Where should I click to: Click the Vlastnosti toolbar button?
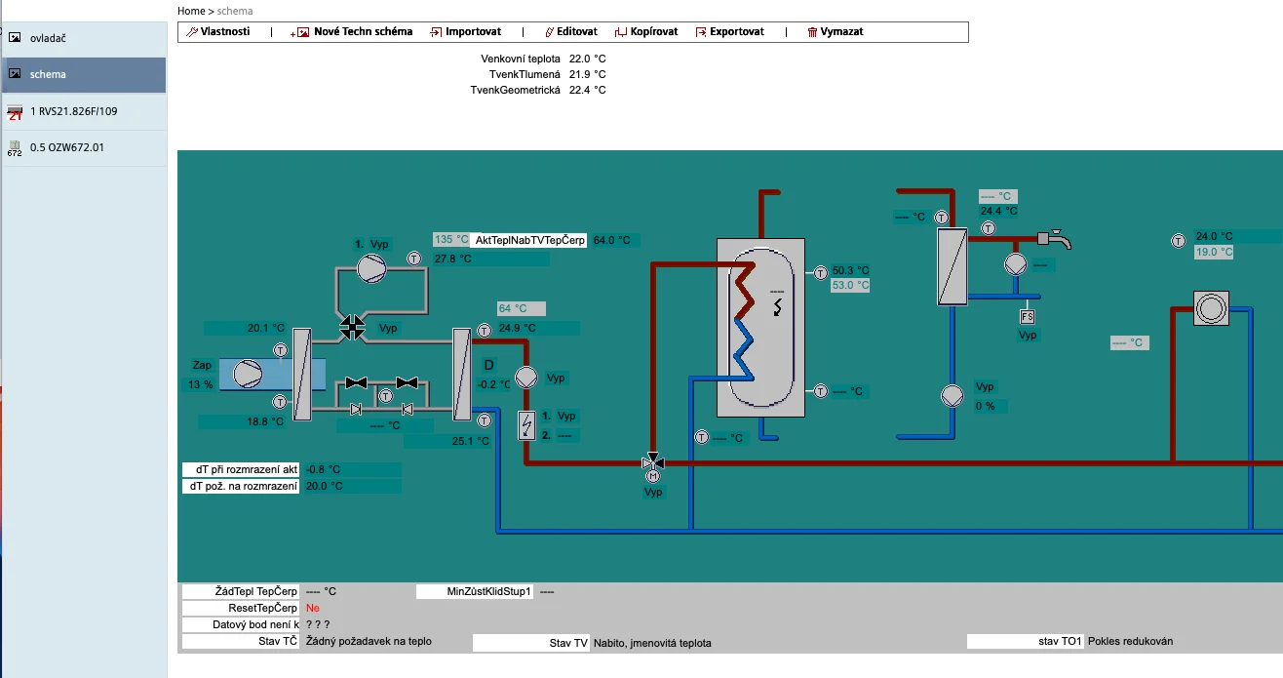(x=218, y=31)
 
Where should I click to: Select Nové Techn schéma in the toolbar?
(x=351, y=31)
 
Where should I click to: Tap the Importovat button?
(x=466, y=31)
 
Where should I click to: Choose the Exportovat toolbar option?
(x=729, y=31)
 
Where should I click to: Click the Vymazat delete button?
(x=836, y=31)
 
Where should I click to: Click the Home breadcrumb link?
(x=191, y=11)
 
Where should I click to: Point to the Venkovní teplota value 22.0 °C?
(x=587, y=59)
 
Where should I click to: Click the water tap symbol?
(x=1055, y=239)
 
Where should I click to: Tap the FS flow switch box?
(x=1027, y=316)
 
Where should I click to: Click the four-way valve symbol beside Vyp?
(x=352, y=328)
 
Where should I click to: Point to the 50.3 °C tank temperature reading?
(x=850, y=270)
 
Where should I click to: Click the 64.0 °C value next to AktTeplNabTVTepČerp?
(x=611, y=240)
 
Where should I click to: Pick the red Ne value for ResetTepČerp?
(x=312, y=608)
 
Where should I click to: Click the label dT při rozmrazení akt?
(x=247, y=469)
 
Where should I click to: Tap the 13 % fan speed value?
(x=201, y=384)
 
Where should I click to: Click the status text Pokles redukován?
(x=1130, y=641)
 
